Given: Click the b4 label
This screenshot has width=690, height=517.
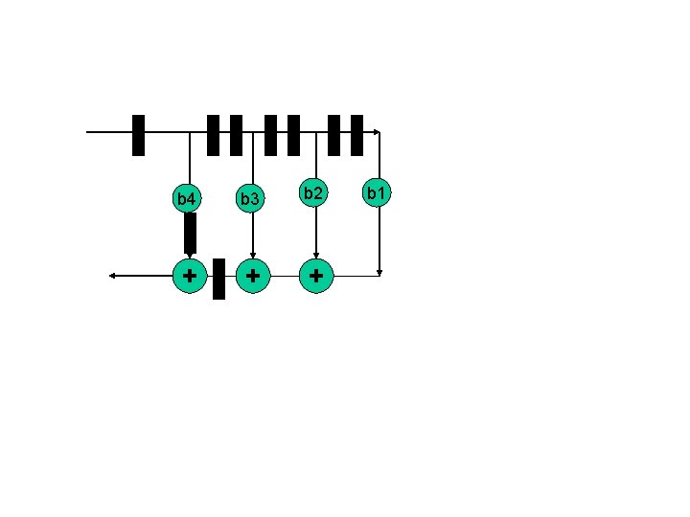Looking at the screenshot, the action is click(x=187, y=199).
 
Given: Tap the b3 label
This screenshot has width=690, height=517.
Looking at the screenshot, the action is click(x=250, y=199).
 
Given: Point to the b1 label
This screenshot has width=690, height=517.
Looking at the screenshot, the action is click(x=377, y=193).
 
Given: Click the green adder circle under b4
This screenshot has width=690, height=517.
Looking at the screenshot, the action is click(x=190, y=276).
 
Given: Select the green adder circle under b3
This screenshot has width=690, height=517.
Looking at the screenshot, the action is click(x=252, y=276).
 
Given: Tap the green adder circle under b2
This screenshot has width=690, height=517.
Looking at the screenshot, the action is click(x=315, y=276).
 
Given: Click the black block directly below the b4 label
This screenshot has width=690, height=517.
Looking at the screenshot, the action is click(x=190, y=233).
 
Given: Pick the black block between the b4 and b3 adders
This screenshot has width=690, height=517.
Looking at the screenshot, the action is click(x=218, y=279).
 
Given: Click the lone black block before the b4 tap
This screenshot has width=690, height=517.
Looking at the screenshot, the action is click(x=139, y=135).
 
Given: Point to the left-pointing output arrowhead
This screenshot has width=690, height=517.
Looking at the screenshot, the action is click(x=112, y=276).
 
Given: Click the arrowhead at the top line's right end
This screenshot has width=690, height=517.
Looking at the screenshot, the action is click(x=378, y=132).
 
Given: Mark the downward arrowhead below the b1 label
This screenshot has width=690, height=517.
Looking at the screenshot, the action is click(x=380, y=272).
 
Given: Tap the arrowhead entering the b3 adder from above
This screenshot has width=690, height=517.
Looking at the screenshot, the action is click(x=252, y=256).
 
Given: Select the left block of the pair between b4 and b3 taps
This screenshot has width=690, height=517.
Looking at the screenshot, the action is click(x=213, y=135).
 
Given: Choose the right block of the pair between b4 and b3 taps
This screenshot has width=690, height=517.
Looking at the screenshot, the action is click(x=236, y=135).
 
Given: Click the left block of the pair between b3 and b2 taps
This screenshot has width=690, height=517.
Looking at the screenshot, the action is click(x=271, y=135).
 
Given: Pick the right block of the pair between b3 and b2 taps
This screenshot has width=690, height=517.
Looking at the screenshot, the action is click(x=294, y=135).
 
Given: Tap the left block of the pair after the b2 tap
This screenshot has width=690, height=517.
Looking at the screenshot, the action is click(x=334, y=135).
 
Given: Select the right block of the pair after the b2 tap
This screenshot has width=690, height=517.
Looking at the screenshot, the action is click(x=356, y=135).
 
